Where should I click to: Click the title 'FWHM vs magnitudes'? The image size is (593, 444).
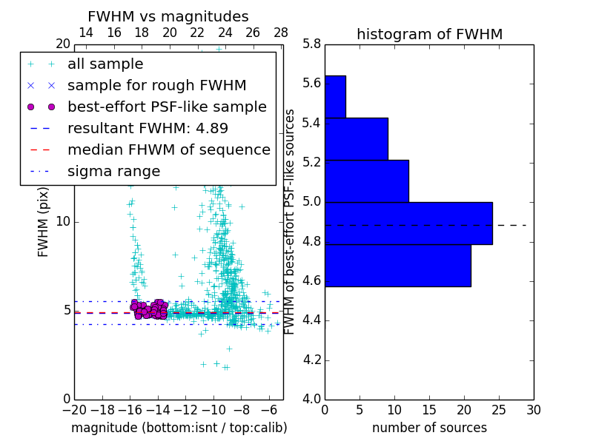tap(168, 17)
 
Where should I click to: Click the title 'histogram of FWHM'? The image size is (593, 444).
tap(429, 35)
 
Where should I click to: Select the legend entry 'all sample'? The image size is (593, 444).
tap(105, 64)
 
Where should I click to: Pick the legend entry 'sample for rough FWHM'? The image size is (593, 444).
tap(156, 86)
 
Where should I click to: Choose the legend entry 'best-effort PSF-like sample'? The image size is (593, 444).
tap(167, 107)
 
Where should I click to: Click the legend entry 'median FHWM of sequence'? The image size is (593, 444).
tap(168, 150)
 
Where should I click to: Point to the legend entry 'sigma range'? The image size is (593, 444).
tap(113, 172)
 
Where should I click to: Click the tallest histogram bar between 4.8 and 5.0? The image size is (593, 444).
tap(408, 223)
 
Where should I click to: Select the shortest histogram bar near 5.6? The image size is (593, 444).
tap(335, 96)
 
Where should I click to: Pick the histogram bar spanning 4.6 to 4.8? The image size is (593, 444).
tap(397, 265)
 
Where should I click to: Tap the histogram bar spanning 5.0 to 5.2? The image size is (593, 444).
tap(366, 181)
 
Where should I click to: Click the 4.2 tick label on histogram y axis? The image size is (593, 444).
tap(311, 360)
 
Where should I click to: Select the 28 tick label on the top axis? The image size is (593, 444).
tap(281, 33)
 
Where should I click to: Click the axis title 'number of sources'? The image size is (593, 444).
tap(429, 428)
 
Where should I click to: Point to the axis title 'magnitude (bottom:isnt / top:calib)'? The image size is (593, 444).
tap(179, 428)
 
